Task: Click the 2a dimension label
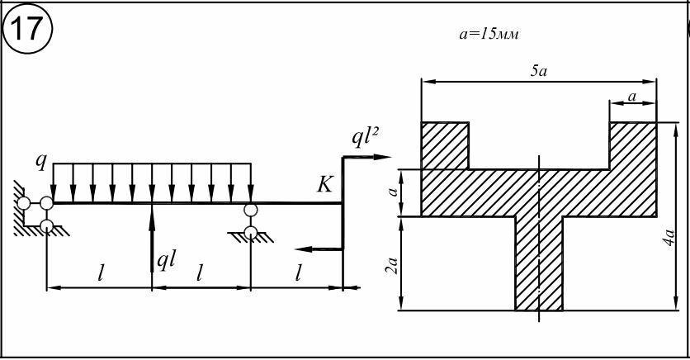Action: pos(392,265)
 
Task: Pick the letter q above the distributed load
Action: pos(40,160)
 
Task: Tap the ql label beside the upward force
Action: pos(168,261)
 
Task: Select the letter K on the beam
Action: pos(324,185)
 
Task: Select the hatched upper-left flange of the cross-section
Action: pos(445,145)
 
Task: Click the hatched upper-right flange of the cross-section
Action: pos(633,145)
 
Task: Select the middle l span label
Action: pos(199,272)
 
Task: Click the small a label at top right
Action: pos(632,97)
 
